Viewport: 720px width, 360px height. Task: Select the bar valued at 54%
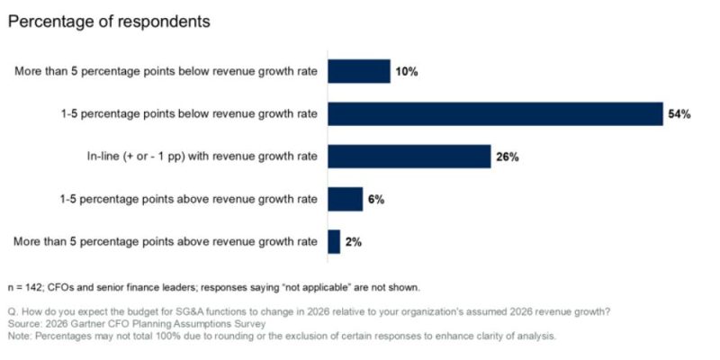[495, 114]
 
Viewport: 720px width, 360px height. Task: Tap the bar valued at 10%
[358, 72]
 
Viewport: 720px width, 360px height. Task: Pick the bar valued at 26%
[409, 157]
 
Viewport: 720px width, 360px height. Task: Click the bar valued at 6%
[345, 199]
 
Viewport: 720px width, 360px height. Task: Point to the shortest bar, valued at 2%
[334, 241]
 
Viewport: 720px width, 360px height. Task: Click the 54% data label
[679, 114]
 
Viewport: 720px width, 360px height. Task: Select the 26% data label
[508, 157]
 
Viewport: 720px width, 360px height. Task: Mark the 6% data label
[376, 199]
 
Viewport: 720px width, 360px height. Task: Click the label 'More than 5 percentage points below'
[166, 72]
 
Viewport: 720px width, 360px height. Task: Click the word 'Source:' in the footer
[24, 325]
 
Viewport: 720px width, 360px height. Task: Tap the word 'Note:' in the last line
[21, 337]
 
